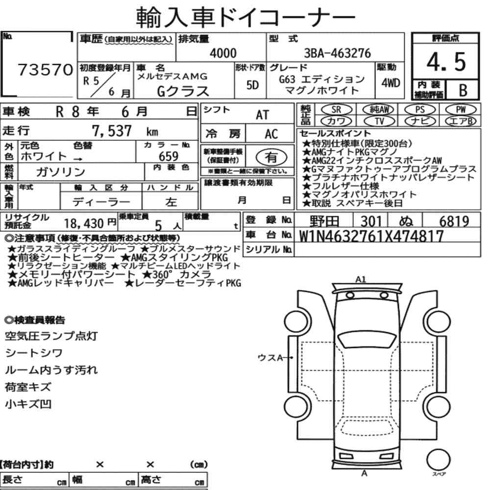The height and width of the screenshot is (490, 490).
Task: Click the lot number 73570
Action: (45, 70)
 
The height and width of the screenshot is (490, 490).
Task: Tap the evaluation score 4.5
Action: (446, 62)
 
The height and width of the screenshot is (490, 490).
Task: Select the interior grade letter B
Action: (463, 90)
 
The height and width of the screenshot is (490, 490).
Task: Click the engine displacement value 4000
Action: (223, 53)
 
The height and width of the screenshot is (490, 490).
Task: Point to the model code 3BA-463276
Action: (337, 53)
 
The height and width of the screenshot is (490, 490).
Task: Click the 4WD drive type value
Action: (391, 83)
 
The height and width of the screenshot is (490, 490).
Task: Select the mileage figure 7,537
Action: (112, 131)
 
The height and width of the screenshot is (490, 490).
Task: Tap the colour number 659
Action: (169, 156)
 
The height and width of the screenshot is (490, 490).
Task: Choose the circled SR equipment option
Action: (336, 109)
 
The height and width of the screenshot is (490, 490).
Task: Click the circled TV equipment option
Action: (379, 121)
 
